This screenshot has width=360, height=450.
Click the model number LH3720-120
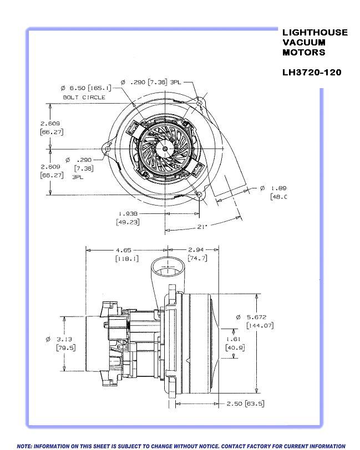pos(312,72)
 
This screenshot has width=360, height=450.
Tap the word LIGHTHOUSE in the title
pos(315,32)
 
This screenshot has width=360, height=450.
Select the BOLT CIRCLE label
pos(84,97)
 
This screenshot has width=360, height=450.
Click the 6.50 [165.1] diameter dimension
pos(86,88)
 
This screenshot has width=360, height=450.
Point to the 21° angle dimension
pos(203,227)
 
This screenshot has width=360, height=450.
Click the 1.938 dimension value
pos(128,213)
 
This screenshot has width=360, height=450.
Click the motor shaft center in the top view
pos(165,148)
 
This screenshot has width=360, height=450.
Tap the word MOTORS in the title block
pos(304,52)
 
